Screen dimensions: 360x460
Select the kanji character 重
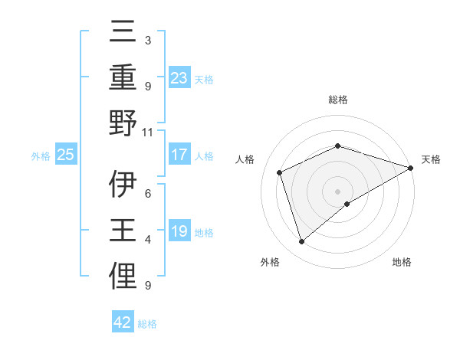(123, 79)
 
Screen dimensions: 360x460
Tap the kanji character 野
(123, 125)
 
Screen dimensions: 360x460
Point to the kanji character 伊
(123, 184)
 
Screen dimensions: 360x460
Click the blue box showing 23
(179, 77)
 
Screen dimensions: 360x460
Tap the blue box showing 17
(179, 155)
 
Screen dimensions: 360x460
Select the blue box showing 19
(179, 231)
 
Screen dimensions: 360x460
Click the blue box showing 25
(65, 155)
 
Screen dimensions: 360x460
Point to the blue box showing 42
(123, 322)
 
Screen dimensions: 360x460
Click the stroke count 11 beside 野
(147, 132)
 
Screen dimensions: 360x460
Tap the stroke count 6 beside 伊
(147, 193)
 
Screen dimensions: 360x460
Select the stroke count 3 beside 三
(147, 40)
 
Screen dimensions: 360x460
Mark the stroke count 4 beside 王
(147, 240)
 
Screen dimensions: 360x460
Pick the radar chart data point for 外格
(301, 242)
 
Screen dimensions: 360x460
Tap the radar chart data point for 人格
(280, 172)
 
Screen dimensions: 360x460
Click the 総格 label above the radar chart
(338, 100)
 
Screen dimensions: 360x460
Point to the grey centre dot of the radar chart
(338, 191)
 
